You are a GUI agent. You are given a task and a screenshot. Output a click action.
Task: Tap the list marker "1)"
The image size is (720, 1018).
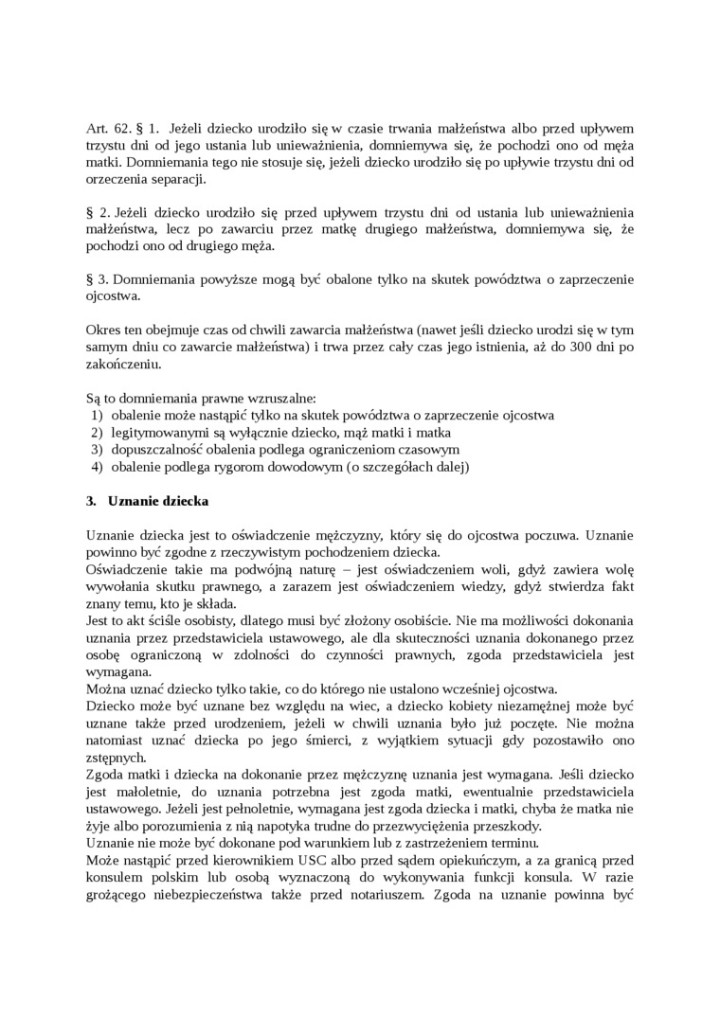[96, 416]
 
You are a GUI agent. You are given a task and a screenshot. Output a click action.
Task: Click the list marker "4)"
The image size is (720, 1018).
[96, 467]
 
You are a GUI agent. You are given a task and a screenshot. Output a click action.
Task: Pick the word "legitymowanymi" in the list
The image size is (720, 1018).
[157, 433]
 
